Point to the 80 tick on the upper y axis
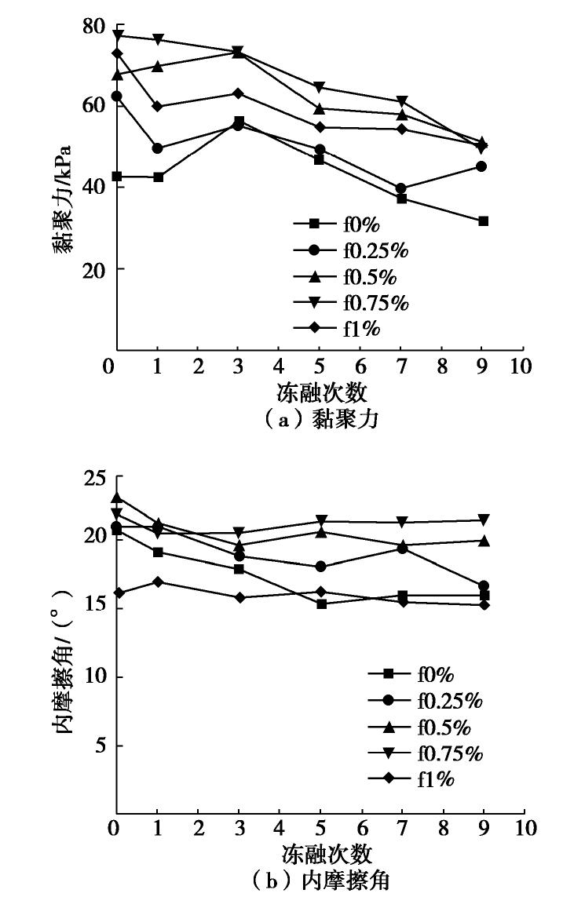(x=93, y=27)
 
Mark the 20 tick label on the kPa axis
(x=93, y=269)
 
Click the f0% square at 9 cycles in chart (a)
(x=484, y=221)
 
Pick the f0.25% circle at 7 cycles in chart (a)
(x=401, y=188)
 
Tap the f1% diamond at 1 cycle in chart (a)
(x=158, y=107)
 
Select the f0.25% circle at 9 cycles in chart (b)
(x=484, y=586)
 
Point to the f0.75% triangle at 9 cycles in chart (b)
(x=484, y=520)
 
